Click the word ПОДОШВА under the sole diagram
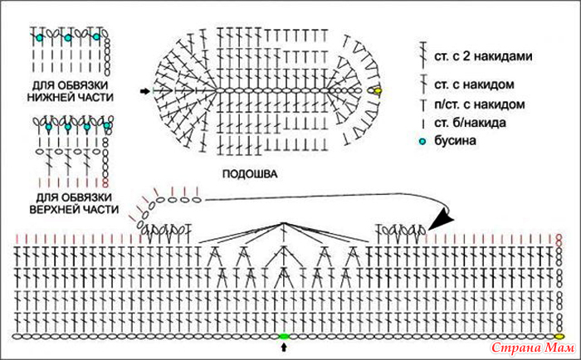250,173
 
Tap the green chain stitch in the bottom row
284,336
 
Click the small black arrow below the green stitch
284,347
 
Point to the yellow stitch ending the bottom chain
559,336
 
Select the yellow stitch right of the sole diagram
377,90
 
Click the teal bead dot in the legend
423,141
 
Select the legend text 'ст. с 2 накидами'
483,56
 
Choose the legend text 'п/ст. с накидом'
480,105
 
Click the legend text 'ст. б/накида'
471,123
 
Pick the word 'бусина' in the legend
455,141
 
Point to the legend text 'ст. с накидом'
474,85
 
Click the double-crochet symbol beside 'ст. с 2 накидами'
422,56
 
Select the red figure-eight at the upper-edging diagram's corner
106,182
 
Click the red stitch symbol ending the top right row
559,240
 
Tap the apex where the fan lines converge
284,223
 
